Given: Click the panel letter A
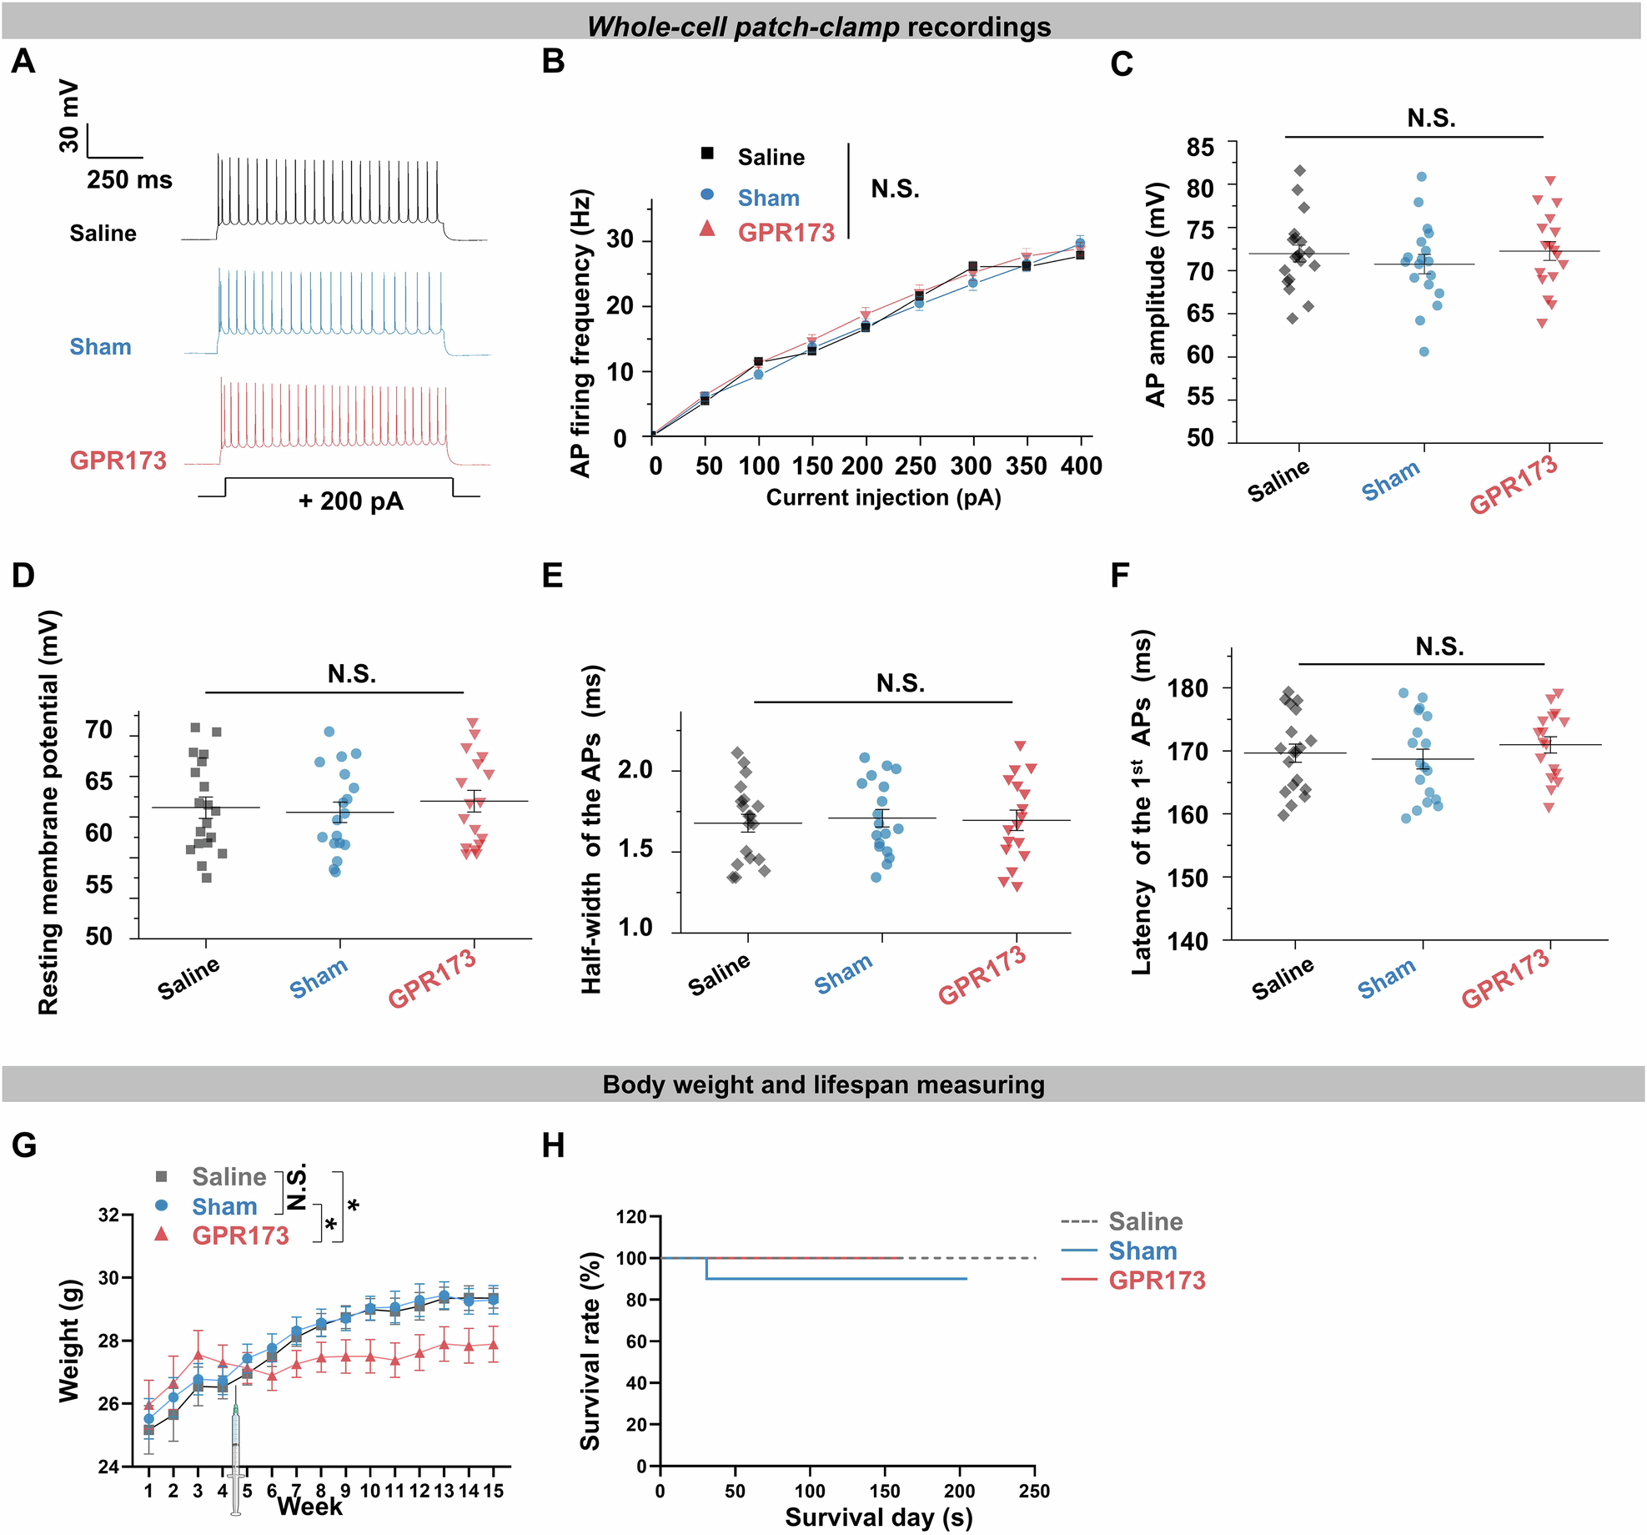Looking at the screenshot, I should pyautogui.click(x=23, y=62).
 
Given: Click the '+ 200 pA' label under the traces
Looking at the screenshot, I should pyautogui.click(x=351, y=501).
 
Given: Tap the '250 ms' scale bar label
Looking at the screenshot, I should pyautogui.click(x=129, y=179).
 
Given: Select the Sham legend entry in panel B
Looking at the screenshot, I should pyautogui.click(x=767, y=198).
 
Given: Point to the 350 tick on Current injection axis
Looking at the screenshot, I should pyautogui.click(x=1027, y=466).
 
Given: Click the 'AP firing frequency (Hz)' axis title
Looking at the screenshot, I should pyautogui.click(x=581, y=334).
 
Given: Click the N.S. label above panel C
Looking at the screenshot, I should pyautogui.click(x=1431, y=118).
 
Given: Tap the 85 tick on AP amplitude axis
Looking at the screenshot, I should pyautogui.click(x=1200, y=147).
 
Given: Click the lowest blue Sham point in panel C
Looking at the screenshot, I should pyautogui.click(x=1424, y=351).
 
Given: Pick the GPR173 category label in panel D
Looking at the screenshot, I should pyautogui.click(x=433, y=979).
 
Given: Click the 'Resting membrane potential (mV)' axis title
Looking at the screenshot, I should pyautogui.click(x=48, y=813).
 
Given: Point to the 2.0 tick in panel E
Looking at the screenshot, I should pyautogui.click(x=635, y=769).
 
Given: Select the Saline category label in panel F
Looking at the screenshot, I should pyautogui.click(x=1283, y=978).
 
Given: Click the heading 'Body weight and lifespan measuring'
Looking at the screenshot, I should pyautogui.click(x=823, y=1085).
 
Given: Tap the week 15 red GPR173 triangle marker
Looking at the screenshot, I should pyautogui.click(x=493, y=1345).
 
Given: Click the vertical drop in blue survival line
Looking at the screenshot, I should pyautogui.click(x=706, y=1268).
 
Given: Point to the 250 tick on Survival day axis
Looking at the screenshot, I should pyautogui.click(x=1034, y=1491).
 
